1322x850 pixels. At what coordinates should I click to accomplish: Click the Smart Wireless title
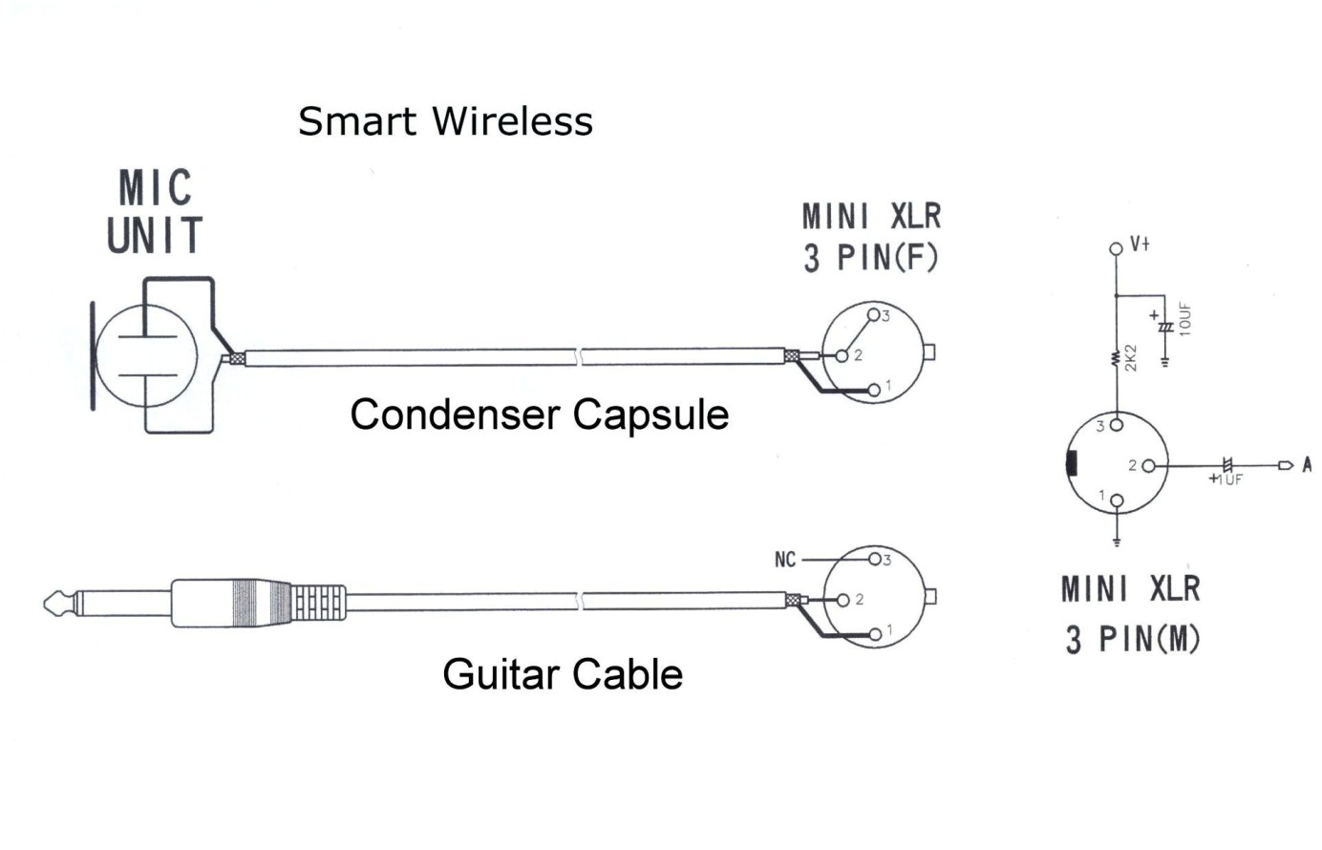point(445,121)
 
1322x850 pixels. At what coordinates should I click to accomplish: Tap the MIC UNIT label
point(155,212)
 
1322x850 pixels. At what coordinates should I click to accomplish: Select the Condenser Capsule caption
point(539,414)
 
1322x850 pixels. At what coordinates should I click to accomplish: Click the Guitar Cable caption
point(562,674)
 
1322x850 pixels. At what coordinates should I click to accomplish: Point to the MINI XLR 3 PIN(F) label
point(870,237)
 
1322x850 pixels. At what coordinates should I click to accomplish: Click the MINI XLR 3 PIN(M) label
point(1131,613)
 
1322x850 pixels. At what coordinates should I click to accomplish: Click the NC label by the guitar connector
point(785,560)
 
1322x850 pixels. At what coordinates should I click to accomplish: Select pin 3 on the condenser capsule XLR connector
point(873,315)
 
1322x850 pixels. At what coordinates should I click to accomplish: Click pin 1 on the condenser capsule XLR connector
point(874,390)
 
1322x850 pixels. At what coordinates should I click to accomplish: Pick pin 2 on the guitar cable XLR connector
point(842,600)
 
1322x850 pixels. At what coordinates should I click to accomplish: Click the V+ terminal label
point(1140,244)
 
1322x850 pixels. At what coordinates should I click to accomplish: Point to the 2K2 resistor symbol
point(1116,359)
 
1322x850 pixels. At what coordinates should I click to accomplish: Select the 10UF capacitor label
point(1185,320)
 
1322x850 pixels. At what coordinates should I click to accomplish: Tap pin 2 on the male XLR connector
point(1148,466)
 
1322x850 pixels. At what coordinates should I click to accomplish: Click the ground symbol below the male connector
point(1117,542)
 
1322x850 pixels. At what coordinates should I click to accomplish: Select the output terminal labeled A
point(1307,465)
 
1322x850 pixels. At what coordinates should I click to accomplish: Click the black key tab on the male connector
point(1072,463)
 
